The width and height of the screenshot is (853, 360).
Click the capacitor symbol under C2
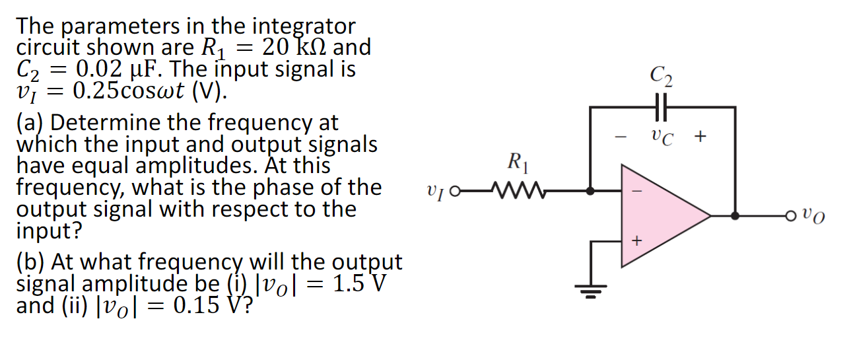pos(662,106)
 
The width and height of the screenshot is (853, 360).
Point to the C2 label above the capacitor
pos(662,78)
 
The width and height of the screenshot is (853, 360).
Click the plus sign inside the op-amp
pos(636,242)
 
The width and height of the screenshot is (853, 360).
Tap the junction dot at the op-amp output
pos(735,215)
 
